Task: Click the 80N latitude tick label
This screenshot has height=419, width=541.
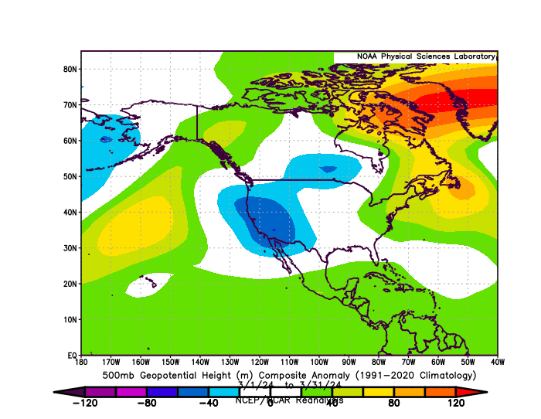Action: coord(70,69)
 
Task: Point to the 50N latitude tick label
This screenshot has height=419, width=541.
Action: coord(70,176)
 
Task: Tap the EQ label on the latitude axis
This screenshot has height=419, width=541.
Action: coord(72,355)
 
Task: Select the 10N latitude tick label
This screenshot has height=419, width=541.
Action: coord(70,319)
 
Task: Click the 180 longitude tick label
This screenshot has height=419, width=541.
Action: coord(82,361)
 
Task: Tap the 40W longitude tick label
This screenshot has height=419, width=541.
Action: coord(497,361)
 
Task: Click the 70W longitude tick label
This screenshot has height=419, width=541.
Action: coord(408,361)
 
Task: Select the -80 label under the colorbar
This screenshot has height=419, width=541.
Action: coord(146,403)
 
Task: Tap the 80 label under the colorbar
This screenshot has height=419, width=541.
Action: coord(393,403)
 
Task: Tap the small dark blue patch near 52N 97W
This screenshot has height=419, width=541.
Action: coord(328,169)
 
